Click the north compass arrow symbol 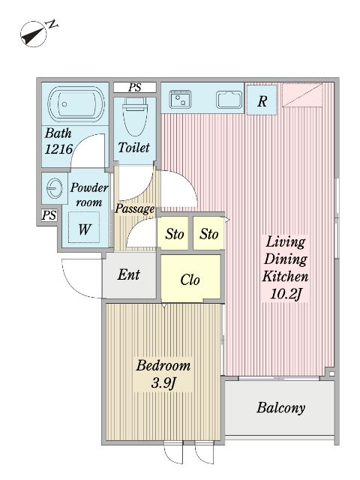tap(34, 34)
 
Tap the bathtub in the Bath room tap(76, 104)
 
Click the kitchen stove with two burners tap(181, 99)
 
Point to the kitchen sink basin tap(229, 100)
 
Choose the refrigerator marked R tap(262, 100)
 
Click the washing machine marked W tap(84, 228)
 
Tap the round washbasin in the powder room tap(55, 188)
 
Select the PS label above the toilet tap(135, 88)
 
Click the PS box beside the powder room tap(49, 215)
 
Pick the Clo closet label tap(190, 280)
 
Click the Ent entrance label tap(129, 274)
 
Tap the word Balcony tap(280, 408)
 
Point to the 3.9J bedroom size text tap(163, 383)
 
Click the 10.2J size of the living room tap(286, 294)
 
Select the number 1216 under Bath tap(58, 149)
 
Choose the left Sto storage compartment tap(172, 233)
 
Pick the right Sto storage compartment tap(208, 233)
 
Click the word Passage tap(135, 208)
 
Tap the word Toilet tap(133, 148)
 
